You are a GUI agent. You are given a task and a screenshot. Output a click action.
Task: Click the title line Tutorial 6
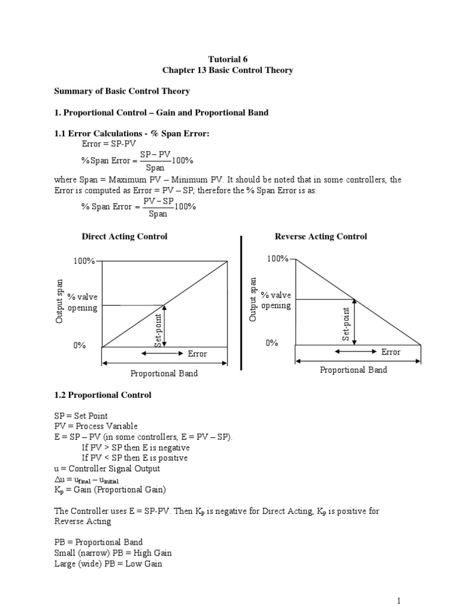228,59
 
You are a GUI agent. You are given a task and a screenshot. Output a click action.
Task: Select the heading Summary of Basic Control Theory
122,91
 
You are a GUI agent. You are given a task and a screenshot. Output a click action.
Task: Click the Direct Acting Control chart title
124,237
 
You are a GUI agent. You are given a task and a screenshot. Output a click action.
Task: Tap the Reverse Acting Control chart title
321,237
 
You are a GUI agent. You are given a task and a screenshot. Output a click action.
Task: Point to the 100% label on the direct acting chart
84,261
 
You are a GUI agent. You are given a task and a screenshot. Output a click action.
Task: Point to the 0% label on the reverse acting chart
272,343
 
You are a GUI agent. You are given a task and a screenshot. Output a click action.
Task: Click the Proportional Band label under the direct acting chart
164,373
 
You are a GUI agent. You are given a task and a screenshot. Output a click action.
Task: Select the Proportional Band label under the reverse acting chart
353,370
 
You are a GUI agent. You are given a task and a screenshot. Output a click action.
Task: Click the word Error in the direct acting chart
197,354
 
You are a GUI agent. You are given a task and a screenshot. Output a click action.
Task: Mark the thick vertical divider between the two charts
241,302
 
